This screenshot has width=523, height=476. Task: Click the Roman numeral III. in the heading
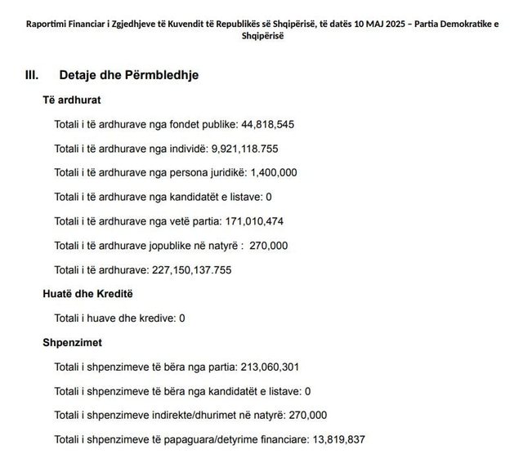point(34,75)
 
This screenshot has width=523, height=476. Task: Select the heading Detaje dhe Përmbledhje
point(129,75)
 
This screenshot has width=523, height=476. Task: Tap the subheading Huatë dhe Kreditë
point(87,293)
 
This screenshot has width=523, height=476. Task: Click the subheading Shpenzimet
point(73,342)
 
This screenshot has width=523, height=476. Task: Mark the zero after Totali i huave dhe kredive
point(181,318)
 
